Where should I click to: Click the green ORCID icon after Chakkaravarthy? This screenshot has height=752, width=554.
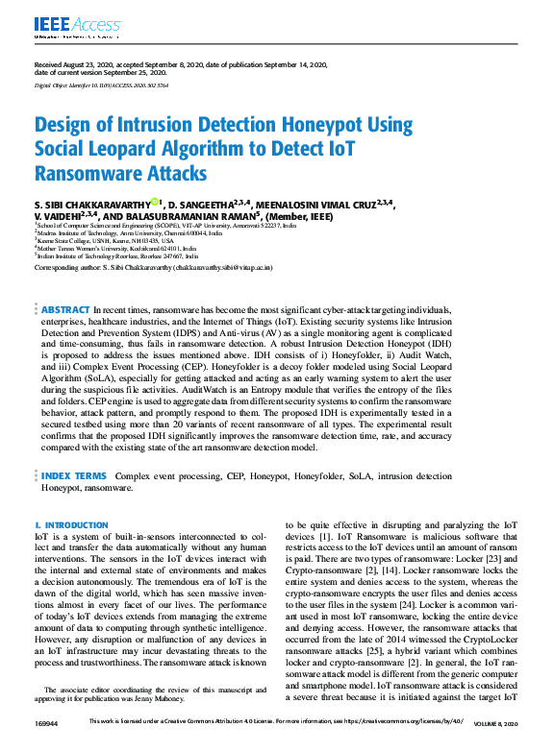coord(155,202)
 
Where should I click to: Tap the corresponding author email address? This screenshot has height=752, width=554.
coord(217,268)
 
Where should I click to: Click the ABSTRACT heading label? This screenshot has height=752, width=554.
coord(65,310)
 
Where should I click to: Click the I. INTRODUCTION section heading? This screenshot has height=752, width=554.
coord(71,525)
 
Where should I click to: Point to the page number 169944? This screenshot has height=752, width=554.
coord(47,721)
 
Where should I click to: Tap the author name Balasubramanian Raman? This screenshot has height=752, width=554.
coord(170,216)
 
